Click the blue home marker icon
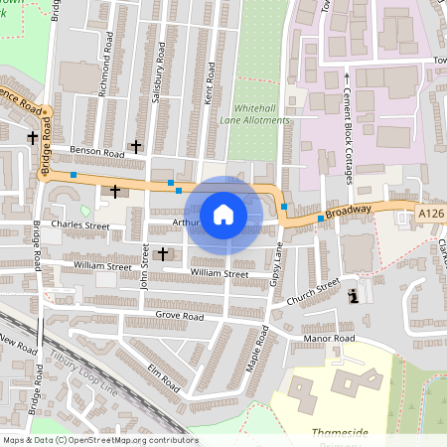click(223, 214)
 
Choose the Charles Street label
click(80, 225)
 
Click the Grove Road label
click(179, 316)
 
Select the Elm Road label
click(161, 376)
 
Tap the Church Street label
click(313, 292)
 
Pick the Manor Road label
click(330, 339)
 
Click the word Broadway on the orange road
click(347, 211)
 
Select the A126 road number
click(431, 213)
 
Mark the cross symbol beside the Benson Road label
click(135, 146)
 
